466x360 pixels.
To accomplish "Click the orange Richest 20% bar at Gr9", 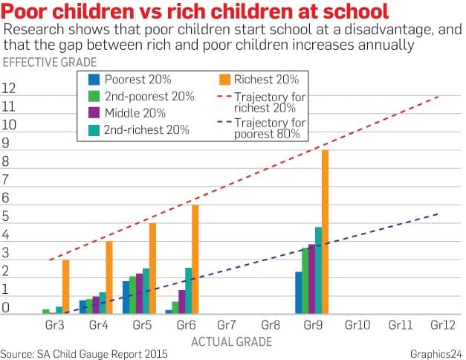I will pyautogui.click(x=325, y=231).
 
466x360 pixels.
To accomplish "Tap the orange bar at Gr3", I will pyautogui.click(x=66, y=286).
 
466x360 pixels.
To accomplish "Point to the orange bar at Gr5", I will pyautogui.click(x=152, y=268).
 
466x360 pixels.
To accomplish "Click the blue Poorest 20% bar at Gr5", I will pyautogui.click(x=126, y=297).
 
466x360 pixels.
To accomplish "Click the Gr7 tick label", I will pyautogui.click(x=227, y=326).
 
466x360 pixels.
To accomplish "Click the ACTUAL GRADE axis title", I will pyautogui.click(x=231, y=341).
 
